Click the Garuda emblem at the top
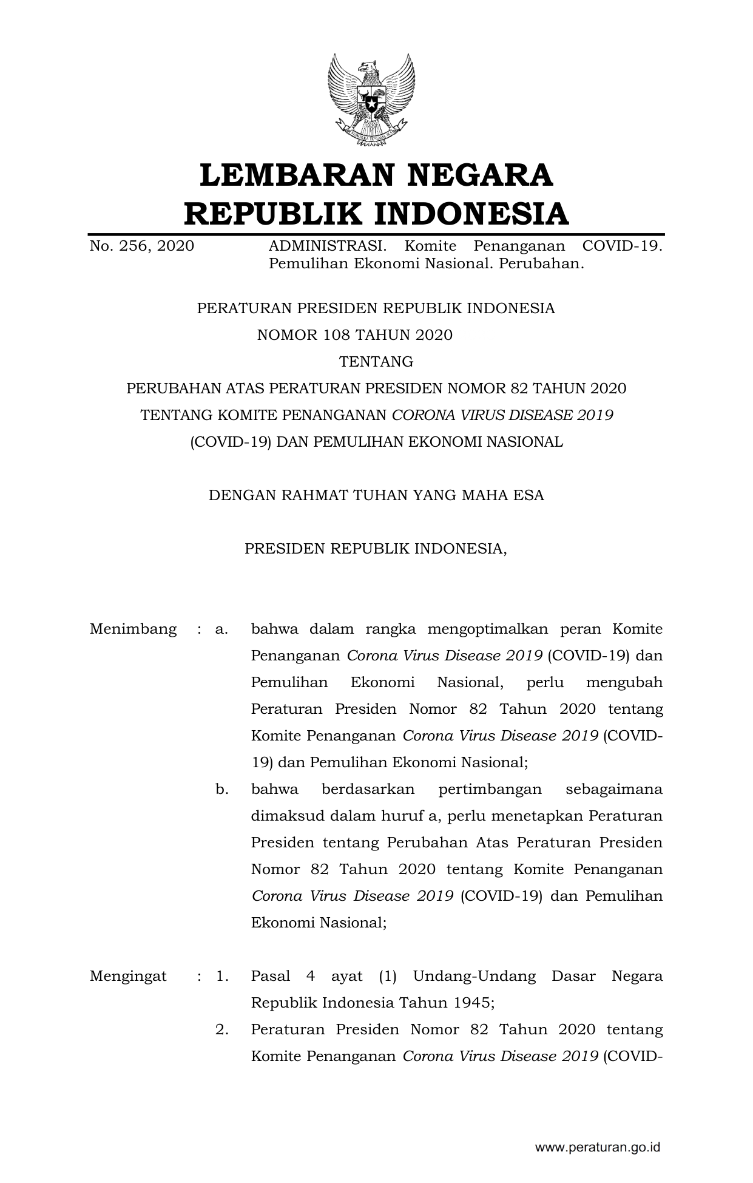(x=371, y=100)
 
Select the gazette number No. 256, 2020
(x=142, y=246)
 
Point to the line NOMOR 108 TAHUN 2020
(x=355, y=335)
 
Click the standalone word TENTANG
(x=376, y=362)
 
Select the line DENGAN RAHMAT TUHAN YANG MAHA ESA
(x=376, y=495)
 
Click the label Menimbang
(x=133, y=629)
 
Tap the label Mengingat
(x=128, y=976)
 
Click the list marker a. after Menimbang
(x=221, y=629)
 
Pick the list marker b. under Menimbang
(x=221, y=789)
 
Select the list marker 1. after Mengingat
(x=221, y=976)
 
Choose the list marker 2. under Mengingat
(x=221, y=1029)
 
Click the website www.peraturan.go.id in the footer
(x=597, y=1147)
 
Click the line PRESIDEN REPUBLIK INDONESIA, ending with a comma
(x=376, y=549)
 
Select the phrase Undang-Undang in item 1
(x=474, y=976)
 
